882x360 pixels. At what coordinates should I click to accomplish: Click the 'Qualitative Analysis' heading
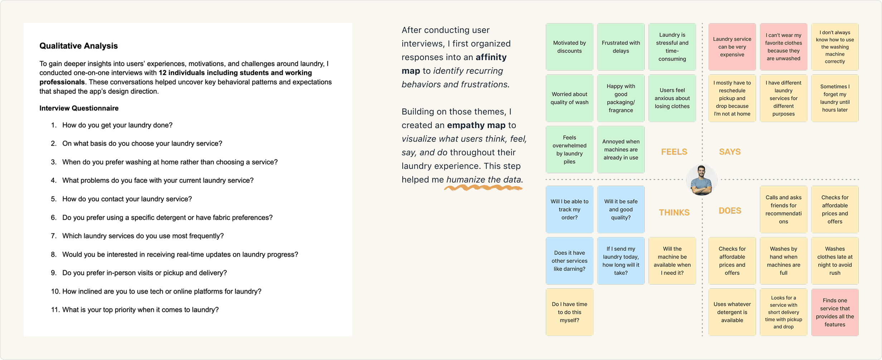pyautogui.click(x=78, y=46)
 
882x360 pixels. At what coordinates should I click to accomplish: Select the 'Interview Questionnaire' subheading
pyautogui.click(x=79, y=108)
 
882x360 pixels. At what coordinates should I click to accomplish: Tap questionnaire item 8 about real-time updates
pyautogui.click(x=180, y=254)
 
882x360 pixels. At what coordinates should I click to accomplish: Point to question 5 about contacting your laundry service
pyautogui.click(x=127, y=199)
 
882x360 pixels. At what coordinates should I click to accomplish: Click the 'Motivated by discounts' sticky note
pyautogui.click(x=569, y=47)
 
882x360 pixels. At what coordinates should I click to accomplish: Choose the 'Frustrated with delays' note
pyautogui.click(x=621, y=47)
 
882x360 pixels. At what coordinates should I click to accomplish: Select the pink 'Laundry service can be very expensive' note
pyautogui.click(x=732, y=47)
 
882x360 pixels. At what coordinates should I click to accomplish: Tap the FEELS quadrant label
pyautogui.click(x=674, y=152)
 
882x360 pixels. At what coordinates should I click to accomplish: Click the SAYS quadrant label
pyautogui.click(x=730, y=152)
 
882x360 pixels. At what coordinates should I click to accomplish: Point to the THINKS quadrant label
pyautogui.click(x=674, y=213)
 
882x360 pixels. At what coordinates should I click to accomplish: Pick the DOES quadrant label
pyautogui.click(x=730, y=211)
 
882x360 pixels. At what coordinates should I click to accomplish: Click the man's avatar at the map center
pyautogui.click(x=702, y=180)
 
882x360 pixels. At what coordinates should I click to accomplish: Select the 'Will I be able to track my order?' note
pyautogui.click(x=569, y=209)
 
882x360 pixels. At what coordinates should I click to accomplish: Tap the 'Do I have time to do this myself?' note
pyautogui.click(x=569, y=312)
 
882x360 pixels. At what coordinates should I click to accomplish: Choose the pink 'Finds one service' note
pyautogui.click(x=835, y=312)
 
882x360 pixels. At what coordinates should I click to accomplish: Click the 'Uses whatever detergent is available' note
pyautogui.click(x=732, y=312)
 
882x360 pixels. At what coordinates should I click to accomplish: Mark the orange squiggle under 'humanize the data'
pyautogui.click(x=483, y=188)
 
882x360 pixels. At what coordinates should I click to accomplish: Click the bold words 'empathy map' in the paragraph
pyautogui.click(x=476, y=125)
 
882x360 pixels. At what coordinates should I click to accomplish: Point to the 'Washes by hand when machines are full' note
pyautogui.click(x=783, y=261)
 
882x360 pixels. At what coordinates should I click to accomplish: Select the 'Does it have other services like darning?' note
pyautogui.click(x=569, y=261)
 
